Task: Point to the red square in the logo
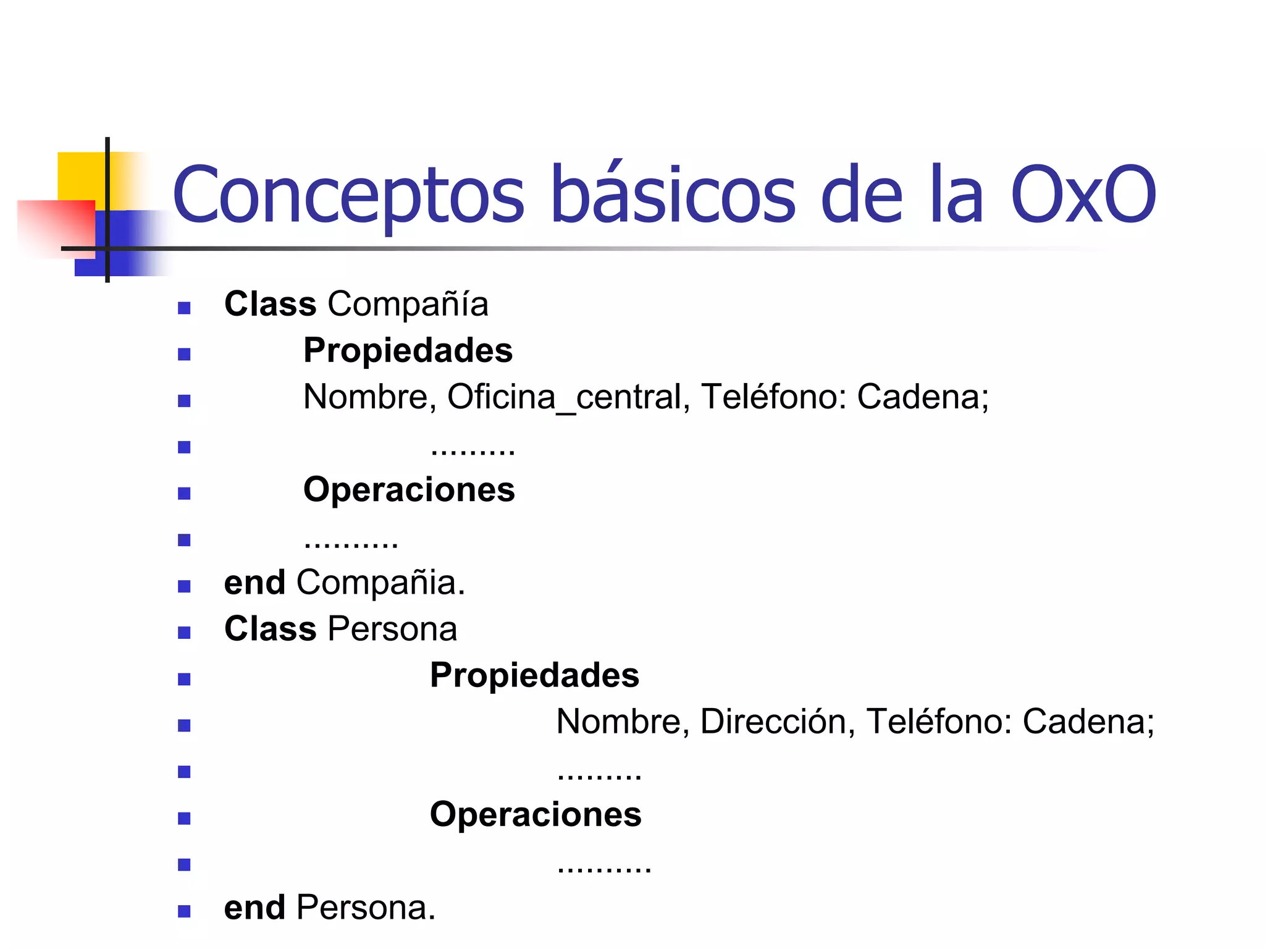coord(56,226)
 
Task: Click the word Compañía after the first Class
coord(408,305)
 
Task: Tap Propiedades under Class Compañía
coord(408,351)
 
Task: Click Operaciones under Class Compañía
coord(409,490)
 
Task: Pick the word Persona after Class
coord(392,630)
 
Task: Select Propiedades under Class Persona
coord(534,675)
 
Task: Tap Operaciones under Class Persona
coord(536,815)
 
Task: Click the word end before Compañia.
coord(254,583)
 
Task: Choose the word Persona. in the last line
coord(366,908)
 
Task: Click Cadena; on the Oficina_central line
coord(922,397)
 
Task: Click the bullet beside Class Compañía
coord(184,308)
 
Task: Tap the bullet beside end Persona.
coord(184,911)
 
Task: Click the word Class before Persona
coord(270,630)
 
